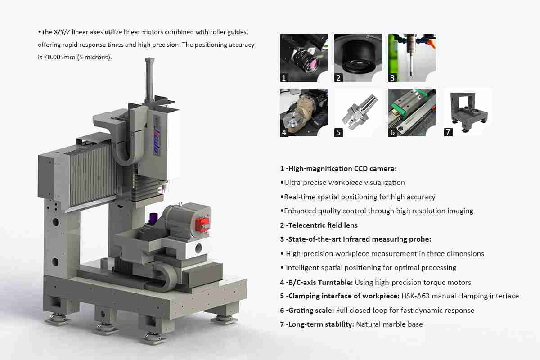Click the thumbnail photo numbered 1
303,58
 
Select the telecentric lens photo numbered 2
358,58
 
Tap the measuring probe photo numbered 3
412,58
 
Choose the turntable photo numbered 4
303,112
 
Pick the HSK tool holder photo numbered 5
358,112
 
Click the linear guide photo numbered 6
412,112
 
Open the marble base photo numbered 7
468,112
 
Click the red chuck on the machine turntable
202,224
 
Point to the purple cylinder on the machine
153,219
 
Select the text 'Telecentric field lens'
323,225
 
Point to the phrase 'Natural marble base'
389,324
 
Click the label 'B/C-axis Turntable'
320,282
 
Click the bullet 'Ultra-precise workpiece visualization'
344,183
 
